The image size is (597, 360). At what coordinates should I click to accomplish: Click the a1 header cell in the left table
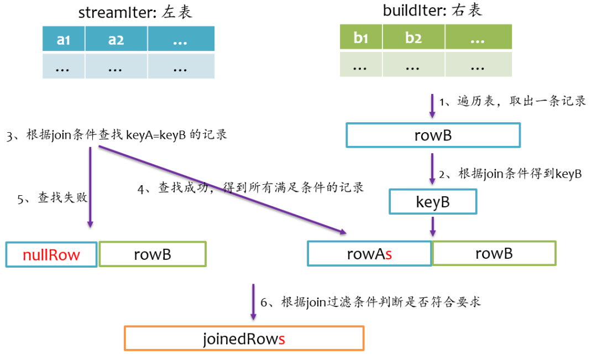(64, 40)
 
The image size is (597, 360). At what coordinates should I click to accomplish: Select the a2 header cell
(116, 40)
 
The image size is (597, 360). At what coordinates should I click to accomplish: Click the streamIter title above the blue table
(135, 12)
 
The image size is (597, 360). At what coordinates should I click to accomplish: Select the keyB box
(433, 202)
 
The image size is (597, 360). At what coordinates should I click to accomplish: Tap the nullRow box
(51, 254)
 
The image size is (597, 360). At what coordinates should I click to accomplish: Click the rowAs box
(369, 253)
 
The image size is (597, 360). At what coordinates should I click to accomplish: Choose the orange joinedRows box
(244, 338)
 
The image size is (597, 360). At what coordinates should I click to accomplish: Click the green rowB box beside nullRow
(152, 254)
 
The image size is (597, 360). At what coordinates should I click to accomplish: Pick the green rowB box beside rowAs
(494, 253)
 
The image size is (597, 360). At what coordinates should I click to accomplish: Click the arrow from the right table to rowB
(432, 105)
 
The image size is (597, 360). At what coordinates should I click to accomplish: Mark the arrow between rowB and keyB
(432, 169)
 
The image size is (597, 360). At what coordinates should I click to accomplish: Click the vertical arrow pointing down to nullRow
(90, 188)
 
